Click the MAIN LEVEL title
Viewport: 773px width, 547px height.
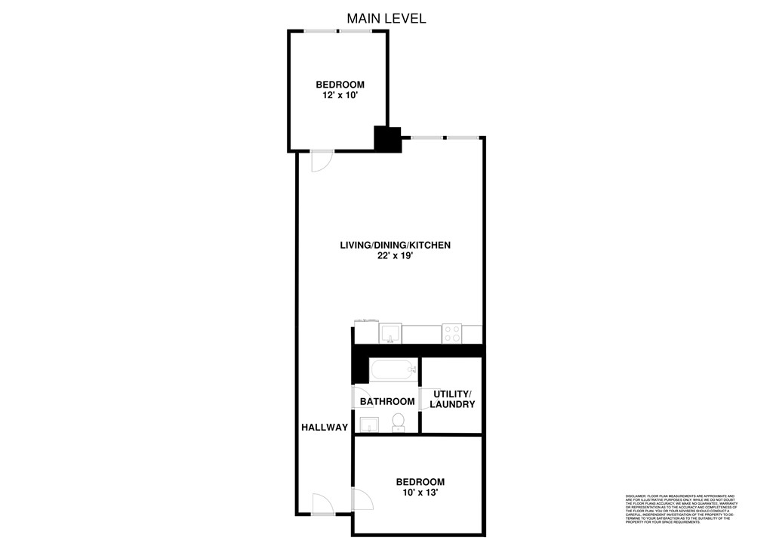(x=386, y=17)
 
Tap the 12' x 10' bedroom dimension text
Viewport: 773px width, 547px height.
(x=340, y=96)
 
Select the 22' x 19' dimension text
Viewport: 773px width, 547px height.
(x=395, y=256)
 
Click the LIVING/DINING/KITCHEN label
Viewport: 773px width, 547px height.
(x=395, y=245)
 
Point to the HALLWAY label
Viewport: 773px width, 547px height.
(x=325, y=428)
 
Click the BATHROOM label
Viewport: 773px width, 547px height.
(x=387, y=401)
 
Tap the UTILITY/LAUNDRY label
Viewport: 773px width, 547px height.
(x=452, y=400)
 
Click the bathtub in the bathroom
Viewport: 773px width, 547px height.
(x=393, y=370)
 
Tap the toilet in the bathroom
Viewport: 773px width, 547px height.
(x=398, y=422)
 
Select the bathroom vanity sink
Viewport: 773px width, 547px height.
(x=369, y=425)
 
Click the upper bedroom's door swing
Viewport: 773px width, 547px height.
(x=321, y=161)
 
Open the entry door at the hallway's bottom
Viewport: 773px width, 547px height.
(x=322, y=504)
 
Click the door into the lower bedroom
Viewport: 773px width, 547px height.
(x=362, y=499)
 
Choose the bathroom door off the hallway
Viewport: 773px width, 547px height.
(x=359, y=397)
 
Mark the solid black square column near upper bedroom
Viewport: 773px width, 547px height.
(x=388, y=140)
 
